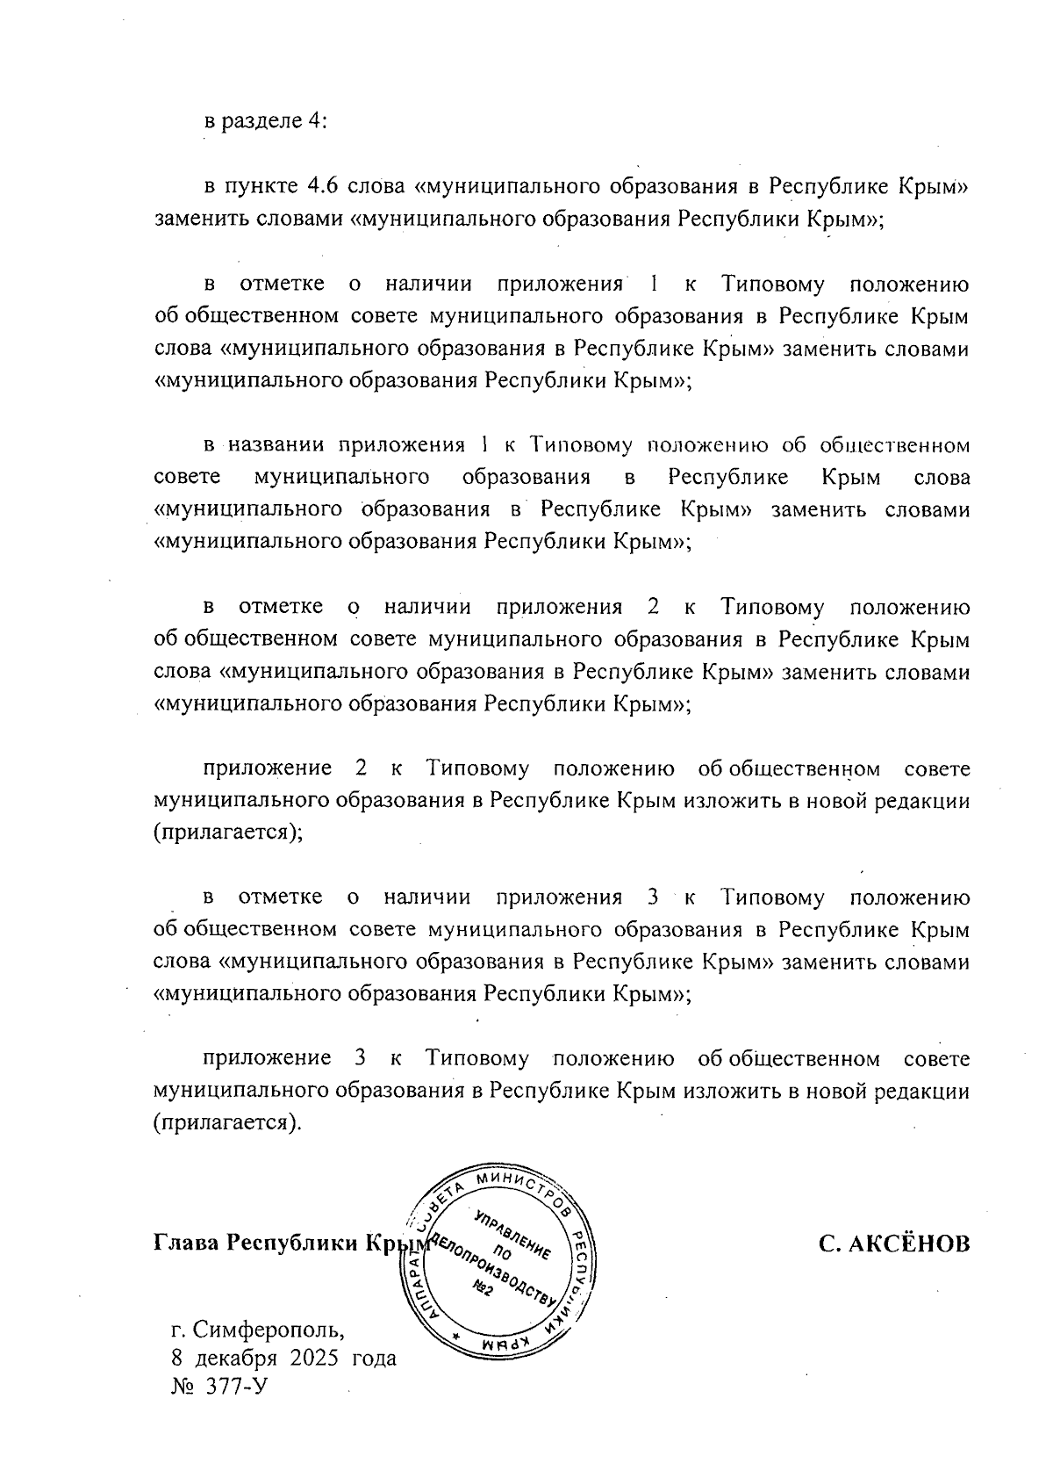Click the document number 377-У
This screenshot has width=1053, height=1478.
(231, 1385)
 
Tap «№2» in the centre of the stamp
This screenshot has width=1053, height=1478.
(484, 1287)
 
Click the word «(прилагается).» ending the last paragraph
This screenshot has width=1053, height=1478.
(227, 1123)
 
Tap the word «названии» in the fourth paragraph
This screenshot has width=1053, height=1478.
(278, 445)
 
